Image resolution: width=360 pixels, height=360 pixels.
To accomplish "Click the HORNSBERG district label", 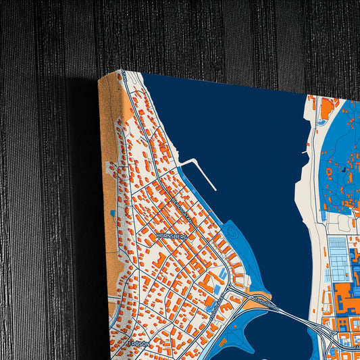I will [x=171, y=236].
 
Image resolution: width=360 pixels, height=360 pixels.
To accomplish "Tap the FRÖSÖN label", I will [x=138, y=343].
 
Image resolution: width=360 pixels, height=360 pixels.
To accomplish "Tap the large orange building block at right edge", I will [x=349, y=297].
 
